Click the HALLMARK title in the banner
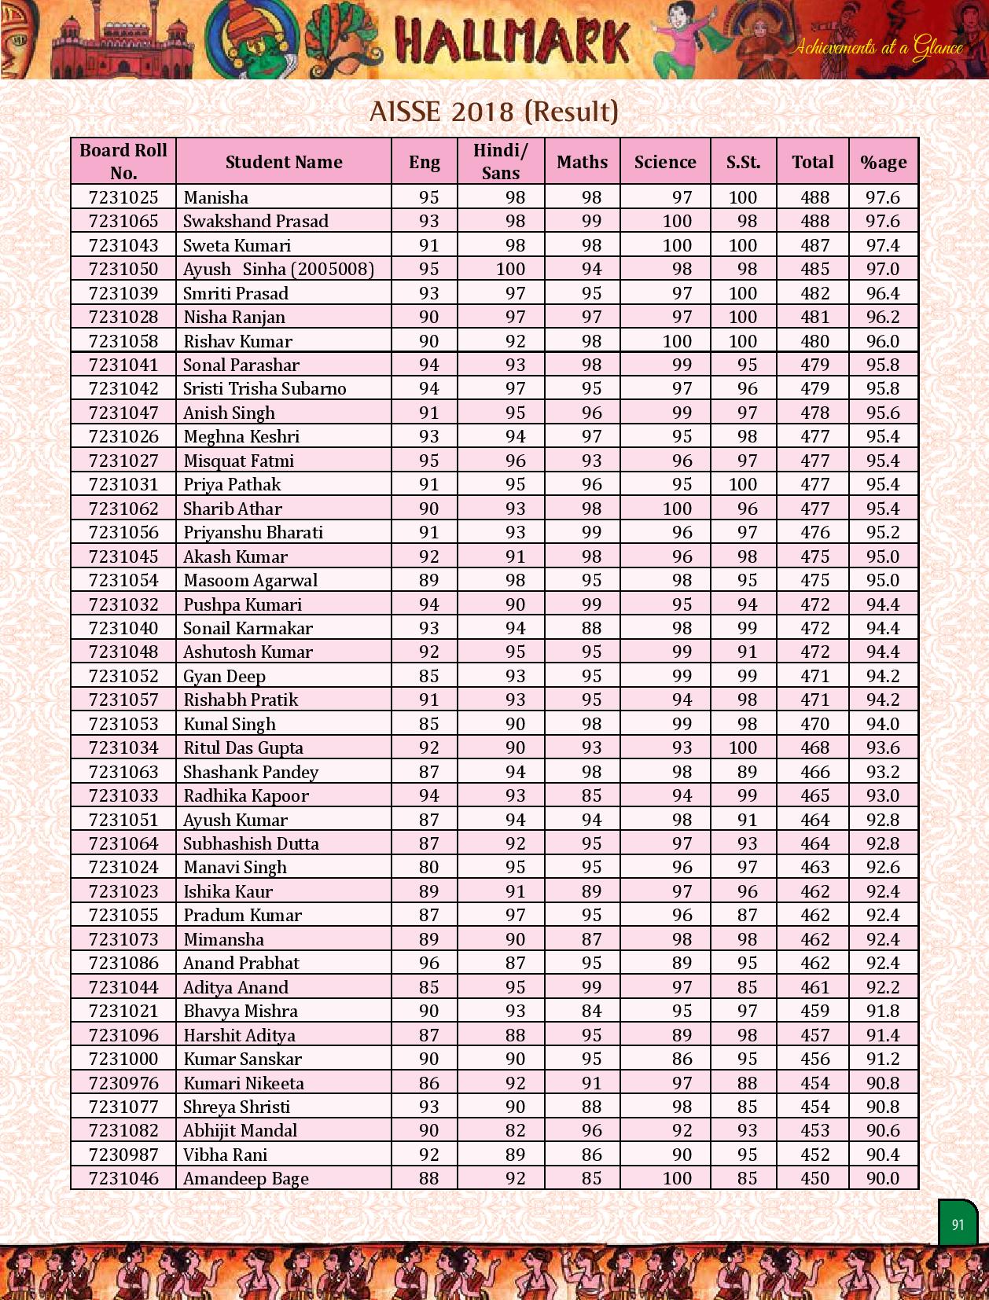tap(512, 41)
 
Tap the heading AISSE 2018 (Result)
tap(494, 112)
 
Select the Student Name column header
tap(284, 162)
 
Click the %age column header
tap(883, 162)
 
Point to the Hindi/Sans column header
tap(500, 161)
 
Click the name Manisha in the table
tap(215, 197)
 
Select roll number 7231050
tap(123, 269)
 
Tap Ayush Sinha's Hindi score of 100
tap(510, 269)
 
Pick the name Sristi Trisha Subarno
tap(264, 388)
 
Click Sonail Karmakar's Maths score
tap(591, 628)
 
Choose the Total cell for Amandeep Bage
tap(814, 1178)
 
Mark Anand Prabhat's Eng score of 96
tap(428, 963)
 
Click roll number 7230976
tap(123, 1083)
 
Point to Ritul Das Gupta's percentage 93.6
tap(883, 747)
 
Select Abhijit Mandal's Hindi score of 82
tap(515, 1130)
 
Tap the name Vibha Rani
tap(225, 1155)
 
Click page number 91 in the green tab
tap(958, 1225)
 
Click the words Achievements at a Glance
tap(876, 47)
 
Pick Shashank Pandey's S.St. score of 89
tap(747, 772)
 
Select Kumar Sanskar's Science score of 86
tap(682, 1059)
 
